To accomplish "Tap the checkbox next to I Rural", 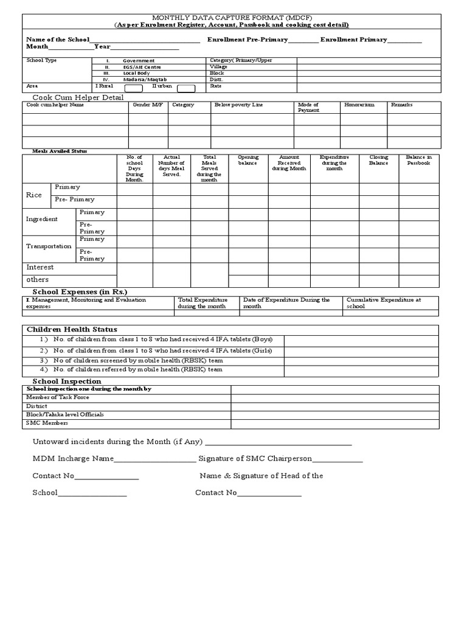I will pos(133,88).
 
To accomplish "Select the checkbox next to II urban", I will pos(186,88).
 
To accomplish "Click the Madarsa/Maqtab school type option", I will pos(144,80).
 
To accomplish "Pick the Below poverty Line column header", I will pos(238,105).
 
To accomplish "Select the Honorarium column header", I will pos(359,105).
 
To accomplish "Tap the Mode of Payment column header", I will pos(308,108).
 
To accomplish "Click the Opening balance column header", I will pos(248,160).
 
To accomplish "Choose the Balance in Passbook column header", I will pos(418,160).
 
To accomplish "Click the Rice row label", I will pos(34,195).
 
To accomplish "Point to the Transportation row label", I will pos(49,246).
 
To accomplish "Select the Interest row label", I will pos(40,267).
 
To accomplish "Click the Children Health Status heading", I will pos(72,329).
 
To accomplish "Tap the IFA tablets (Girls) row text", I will pos(162,350).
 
